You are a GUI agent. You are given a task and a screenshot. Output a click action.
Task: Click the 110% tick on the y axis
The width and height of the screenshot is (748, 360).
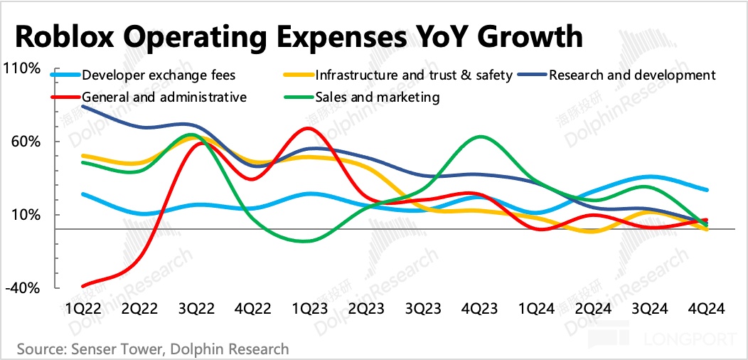23,68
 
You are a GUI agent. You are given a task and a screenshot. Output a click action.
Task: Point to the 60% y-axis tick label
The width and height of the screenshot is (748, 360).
26,142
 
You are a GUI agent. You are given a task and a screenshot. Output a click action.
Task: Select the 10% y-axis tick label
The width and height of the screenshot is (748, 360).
26,215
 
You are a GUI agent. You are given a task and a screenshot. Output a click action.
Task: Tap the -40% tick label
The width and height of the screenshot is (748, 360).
23,288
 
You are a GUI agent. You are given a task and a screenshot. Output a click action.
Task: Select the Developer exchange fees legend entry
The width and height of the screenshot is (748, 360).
158,75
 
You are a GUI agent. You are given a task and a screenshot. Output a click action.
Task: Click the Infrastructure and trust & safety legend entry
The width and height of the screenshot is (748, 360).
413,75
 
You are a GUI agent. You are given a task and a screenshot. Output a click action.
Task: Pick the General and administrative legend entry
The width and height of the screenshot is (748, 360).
164,97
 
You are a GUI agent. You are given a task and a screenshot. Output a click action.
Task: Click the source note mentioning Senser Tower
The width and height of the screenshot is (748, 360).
153,349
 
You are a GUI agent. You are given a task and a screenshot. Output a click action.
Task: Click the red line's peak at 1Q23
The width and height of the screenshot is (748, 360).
307,128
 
